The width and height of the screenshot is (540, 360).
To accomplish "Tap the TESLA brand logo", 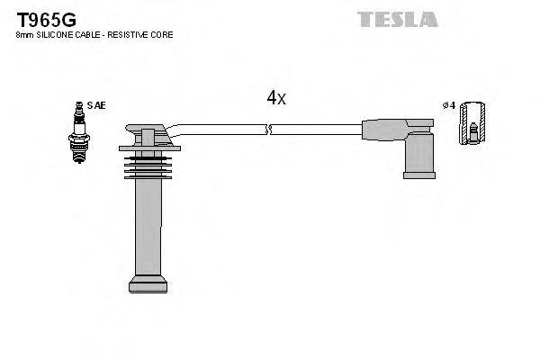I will tap(397, 19).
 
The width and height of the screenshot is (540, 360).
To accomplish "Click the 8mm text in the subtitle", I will tap(25, 34).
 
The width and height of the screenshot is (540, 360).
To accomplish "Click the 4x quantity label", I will tap(275, 98).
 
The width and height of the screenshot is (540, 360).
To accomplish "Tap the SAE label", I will tap(96, 105).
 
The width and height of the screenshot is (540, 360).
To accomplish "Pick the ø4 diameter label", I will tap(450, 105).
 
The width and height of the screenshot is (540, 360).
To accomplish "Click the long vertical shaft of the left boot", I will tap(148, 225).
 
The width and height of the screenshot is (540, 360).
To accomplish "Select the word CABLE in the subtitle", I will tap(89, 34).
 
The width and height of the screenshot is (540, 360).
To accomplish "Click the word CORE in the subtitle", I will tap(163, 34).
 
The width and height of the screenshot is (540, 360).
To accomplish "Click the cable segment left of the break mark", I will tap(220, 130).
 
